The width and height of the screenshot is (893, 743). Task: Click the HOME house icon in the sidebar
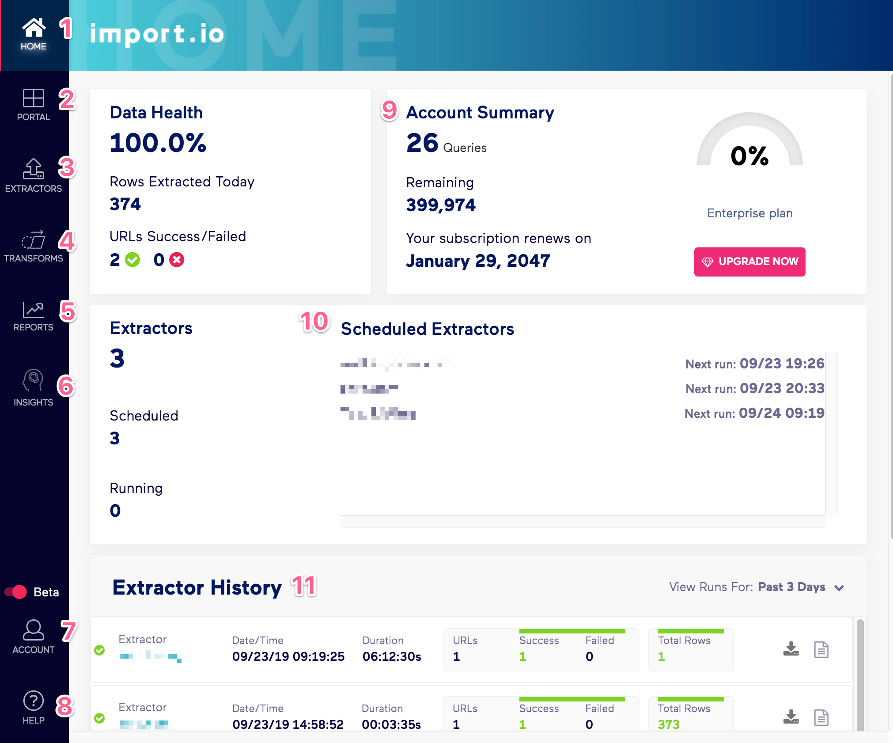(34, 28)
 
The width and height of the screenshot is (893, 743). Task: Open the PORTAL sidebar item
(34, 98)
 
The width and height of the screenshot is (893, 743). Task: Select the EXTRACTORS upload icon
(34, 168)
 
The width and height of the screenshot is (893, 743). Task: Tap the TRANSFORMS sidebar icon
(34, 240)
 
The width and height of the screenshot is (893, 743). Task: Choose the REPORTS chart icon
(34, 310)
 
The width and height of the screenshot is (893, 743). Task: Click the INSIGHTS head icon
(34, 380)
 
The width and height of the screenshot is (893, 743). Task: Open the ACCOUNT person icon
(34, 629)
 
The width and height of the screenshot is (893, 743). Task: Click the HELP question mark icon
(34, 701)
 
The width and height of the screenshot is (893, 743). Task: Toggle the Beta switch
(16, 592)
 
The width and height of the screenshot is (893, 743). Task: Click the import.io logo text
(157, 34)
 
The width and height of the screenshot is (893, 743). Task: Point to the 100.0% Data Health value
(158, 143)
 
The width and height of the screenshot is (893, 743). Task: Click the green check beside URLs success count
(132, 260)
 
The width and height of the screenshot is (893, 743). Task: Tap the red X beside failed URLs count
(177, 260)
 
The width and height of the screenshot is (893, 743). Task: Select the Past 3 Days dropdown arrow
(839, 588)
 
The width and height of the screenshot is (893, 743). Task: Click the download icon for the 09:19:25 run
(791, 649)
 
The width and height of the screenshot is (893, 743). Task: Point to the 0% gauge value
(749, 156)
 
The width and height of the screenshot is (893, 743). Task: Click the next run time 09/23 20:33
(782, 388)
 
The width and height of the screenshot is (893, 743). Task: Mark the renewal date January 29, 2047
(478, 261)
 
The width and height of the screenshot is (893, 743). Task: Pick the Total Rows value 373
(669, 724)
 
